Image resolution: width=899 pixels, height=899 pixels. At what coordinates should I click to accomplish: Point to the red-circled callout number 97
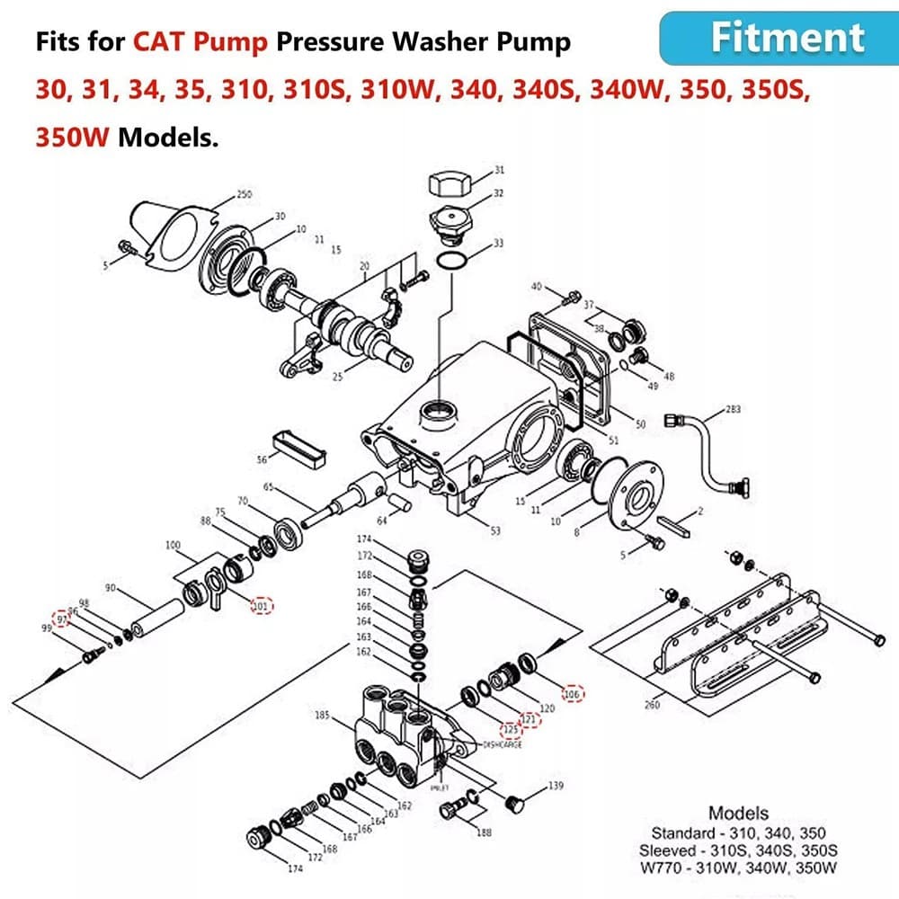(62, 619)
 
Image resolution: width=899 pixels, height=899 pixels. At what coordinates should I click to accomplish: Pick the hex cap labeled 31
(447, 186)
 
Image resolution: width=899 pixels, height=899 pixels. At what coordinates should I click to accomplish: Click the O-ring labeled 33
(453, 261)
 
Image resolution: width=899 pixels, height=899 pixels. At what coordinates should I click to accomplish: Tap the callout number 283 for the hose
(733, 411)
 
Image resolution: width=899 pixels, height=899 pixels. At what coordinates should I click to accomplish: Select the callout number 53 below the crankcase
(494, 531)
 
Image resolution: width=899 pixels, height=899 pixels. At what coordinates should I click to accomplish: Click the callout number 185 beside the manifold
(322, 716)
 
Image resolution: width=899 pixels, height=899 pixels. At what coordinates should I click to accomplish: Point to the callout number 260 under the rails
(652, 705)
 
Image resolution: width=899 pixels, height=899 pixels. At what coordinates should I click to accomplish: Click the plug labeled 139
(516, 801)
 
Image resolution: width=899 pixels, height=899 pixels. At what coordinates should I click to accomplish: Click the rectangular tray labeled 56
(298, 449)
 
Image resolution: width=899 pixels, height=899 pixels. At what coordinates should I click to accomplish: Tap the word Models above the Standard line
(738, 814)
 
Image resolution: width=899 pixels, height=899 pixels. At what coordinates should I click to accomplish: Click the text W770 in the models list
(663, 868)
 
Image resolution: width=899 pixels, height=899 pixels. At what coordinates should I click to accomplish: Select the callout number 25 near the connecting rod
(337, 377)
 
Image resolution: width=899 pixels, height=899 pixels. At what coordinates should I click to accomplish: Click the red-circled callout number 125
(510, 729)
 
